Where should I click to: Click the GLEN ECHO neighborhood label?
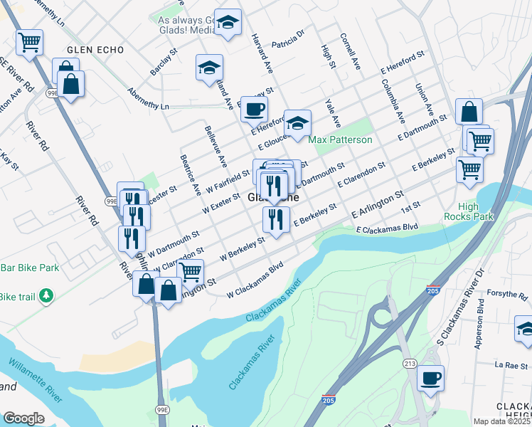tap(95, 50)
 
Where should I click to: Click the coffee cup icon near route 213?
tap(430, 377)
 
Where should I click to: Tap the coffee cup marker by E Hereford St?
tap(254, 108)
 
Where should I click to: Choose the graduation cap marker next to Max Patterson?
tap(297, 122)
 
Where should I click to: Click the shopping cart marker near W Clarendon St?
tap(190, 271)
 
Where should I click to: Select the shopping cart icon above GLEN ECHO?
tap(29, 41)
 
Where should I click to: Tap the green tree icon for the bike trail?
tap(46, 295)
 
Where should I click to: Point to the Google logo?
tap(23, 418)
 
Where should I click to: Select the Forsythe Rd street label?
tap(507, 294)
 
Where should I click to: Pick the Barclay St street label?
tap(163, 63)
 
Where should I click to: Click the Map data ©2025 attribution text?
tap(502, 421)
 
